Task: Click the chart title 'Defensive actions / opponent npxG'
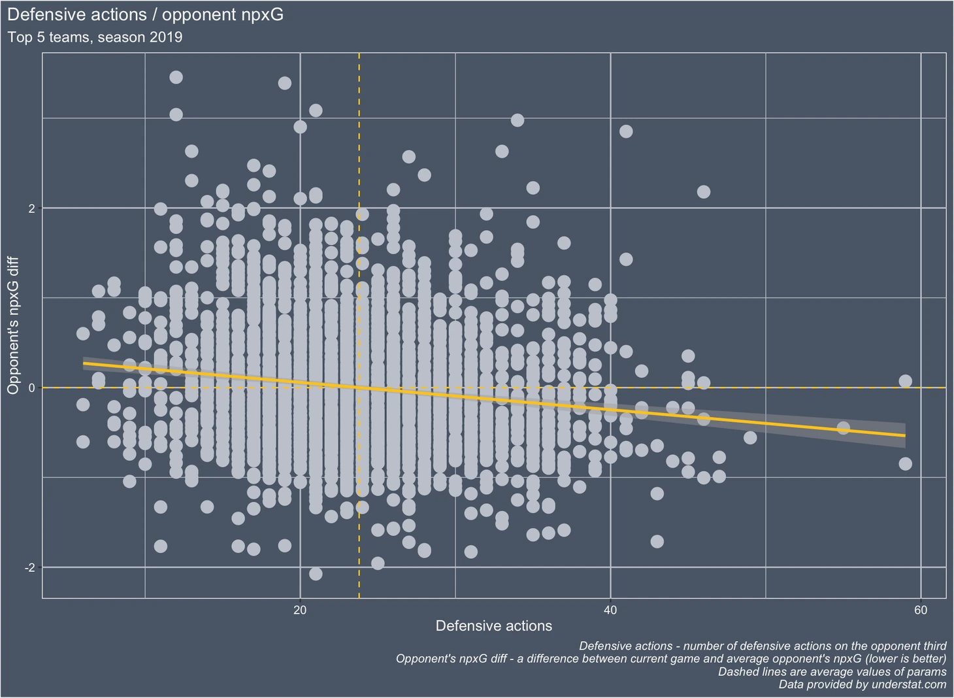[145, 14]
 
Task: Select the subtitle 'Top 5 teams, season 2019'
[95, 37]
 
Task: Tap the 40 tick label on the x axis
[610, 610]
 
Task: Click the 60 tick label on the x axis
[920, 610]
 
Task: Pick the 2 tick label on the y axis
[30, 208]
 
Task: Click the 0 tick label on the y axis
[30, 388]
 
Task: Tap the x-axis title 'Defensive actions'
[493, 626]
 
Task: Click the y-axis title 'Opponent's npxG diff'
[13, 325]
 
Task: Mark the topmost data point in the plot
[176, 77]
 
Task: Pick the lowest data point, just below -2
[316, 574]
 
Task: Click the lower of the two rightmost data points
[905, 464]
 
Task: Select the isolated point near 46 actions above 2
[703, 192]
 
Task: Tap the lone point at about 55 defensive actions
[843, 428]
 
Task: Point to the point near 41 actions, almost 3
[626, 131]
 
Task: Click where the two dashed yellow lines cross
[359, 388]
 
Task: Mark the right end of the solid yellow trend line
[904, 435]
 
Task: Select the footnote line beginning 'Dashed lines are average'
[832, 671]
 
